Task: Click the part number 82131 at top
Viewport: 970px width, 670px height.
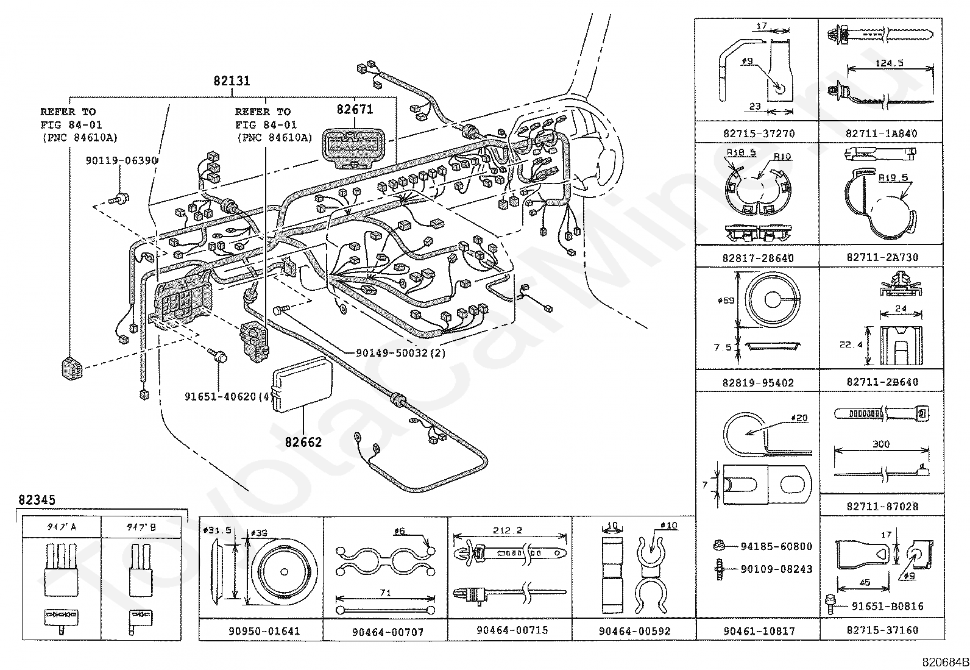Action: click(x=232, y=81)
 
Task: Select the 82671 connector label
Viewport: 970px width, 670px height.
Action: click(x=355, y=110)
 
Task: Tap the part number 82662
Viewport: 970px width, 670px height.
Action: click(x=303, y=442)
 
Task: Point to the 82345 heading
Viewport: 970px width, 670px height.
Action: click(x=37, y=501)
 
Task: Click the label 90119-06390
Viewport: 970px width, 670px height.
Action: click(x=122, y=160)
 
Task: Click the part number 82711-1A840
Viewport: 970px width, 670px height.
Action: click(x=882, y=133)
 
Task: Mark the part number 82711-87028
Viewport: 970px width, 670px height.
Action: click(x=882, y=506)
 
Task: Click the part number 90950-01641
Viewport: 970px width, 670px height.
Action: click(x=261, y=631)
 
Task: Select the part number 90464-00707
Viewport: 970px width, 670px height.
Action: click(x=388, y=632)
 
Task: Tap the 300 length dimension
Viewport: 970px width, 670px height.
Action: click(x=881, y=444)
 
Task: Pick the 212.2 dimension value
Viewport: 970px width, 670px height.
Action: click(x=510, y=530)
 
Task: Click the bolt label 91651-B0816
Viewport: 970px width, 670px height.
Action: click(x=887, y=606)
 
